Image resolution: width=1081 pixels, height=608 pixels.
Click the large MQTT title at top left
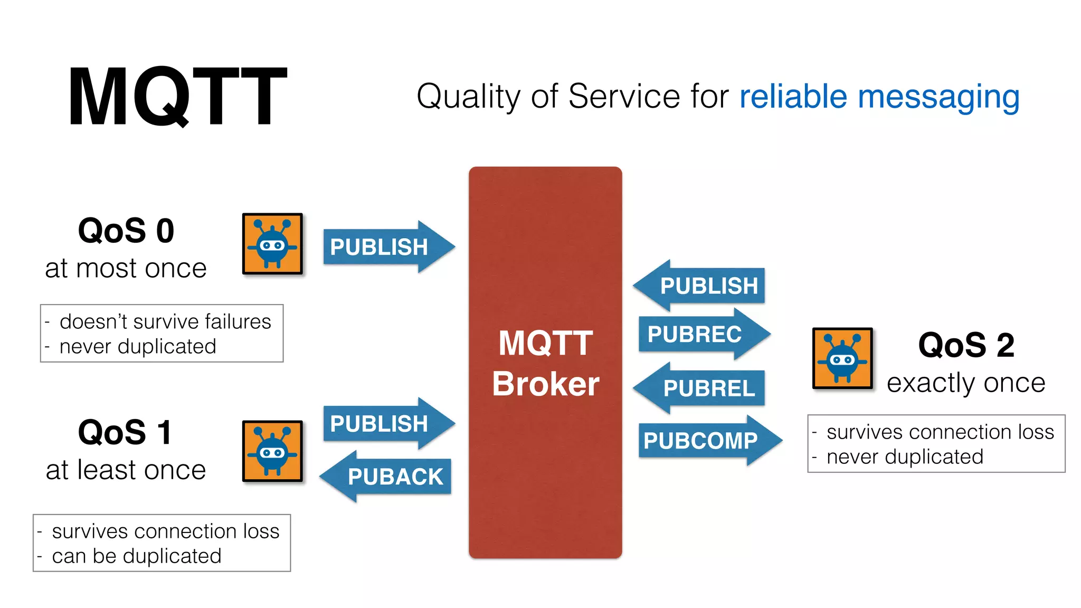click(x=177, y=96)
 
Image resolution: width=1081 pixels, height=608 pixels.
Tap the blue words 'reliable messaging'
click(x=879, y=97)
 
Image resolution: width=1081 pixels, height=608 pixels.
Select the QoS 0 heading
click(x=126, y=231)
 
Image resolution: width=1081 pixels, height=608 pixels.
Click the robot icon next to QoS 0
click(x=272, y=244)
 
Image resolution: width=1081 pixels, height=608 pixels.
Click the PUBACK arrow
click(x=388, y=477)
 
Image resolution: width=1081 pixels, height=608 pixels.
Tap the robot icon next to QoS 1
click(x=272, y=451)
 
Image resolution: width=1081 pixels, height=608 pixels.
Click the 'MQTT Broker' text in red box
click(x=545, y=363)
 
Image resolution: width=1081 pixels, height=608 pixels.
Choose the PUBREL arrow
click(x=702, y=388)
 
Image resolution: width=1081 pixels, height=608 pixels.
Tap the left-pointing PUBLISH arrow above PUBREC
click(x=702, y=286)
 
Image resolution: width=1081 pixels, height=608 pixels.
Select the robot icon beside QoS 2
click(x=842, y=358)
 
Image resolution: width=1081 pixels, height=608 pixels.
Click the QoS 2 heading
click(x=966, y=345)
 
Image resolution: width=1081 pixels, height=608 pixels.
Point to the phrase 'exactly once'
click(x=966, y=383)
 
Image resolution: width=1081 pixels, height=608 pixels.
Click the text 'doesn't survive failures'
click(x=165, y=321)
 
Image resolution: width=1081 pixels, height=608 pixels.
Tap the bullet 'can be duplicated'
click(x=136, y=556)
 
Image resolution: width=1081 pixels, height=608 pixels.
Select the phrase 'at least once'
click(x=126, y=470)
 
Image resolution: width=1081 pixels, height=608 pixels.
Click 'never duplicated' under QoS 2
click(x=905, y=457)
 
